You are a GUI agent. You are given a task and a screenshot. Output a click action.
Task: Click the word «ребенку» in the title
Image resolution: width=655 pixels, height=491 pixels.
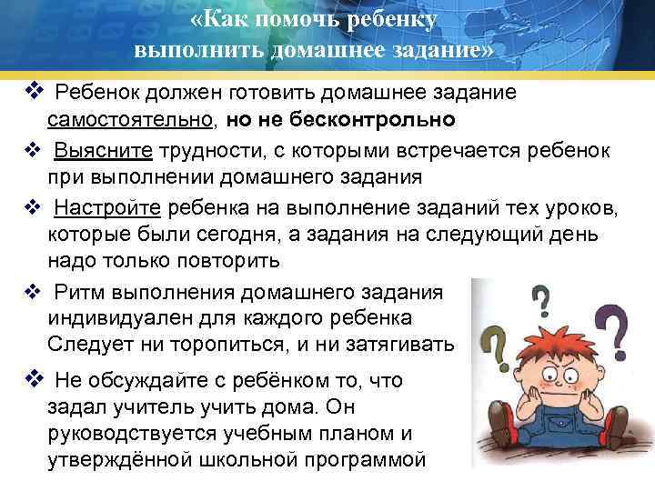pos(381,20)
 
